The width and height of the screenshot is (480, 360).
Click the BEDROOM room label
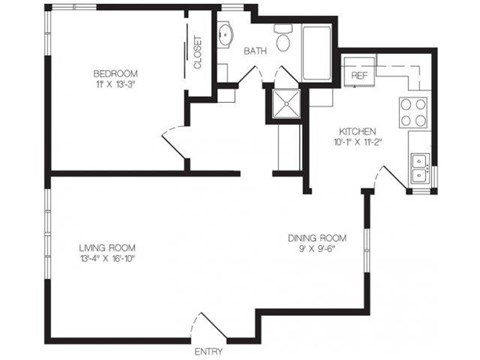(x=115, y=73)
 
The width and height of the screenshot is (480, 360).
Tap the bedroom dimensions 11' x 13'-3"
(x=116, y=84)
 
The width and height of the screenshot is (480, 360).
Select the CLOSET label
(x=197, y=52)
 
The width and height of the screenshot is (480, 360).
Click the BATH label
(x=255, y=51)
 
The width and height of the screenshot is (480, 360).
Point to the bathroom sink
(x=225, y=35)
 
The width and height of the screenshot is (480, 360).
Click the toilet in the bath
(x=284, y=37)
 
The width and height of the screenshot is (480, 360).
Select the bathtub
(x=316, y=53)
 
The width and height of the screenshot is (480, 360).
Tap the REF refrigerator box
(x=359, y=71)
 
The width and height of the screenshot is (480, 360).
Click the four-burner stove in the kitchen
(x=413, y=113)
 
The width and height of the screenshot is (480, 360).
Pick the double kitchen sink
(x=420, y=168)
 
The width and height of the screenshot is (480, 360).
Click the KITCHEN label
(x=357, y=131)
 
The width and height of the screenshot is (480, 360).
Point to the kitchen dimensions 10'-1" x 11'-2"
(x=357, y=142)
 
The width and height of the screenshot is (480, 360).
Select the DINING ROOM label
(x=317, y=238)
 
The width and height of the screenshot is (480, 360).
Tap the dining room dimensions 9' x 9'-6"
(x=317, y=249)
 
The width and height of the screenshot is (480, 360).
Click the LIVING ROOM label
(x=107, y=248)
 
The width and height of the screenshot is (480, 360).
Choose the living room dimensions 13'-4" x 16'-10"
(x=107, y=259)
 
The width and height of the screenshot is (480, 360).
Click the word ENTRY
(x=209, y=351)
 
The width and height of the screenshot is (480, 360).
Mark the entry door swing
(x=207, y=328)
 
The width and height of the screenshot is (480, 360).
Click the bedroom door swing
(x=174, y=144)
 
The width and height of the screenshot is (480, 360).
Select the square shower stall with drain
(x=286, y=104)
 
